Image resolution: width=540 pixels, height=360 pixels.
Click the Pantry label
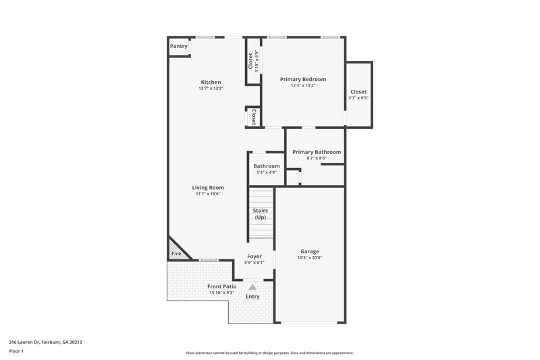click(x=178, y=47)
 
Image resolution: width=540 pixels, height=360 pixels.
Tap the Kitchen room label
click(x=210, y=82)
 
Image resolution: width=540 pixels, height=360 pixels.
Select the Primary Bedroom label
click(x=302, y=79)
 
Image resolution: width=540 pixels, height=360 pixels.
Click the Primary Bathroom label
click(x=317, y=152)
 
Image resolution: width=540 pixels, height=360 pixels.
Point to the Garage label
click(x=310, y=251)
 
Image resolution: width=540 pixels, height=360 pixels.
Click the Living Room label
click(x=208, y=188)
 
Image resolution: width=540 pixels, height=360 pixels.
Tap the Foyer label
click(x=254, y=257)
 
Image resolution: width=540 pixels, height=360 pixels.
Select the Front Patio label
click(x=221, y=286)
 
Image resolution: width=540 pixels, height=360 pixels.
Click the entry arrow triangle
click(x=252, y=287)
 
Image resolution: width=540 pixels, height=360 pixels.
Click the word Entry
click(x=252, y=297)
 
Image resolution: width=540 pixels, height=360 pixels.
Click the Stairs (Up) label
click(x=261, y=214)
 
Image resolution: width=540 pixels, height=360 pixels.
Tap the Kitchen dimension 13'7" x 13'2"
click(x=210, y=88)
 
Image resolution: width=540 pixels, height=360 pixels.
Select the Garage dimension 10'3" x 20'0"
click(x=310, y=257)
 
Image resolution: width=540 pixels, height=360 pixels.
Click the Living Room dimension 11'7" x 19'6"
click(x=208, y=194)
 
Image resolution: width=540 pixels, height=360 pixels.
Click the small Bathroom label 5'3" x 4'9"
click(x=266, y=166)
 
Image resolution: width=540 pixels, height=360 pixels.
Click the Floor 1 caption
click(x=16, y=352)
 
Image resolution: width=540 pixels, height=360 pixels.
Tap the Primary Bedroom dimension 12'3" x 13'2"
click(x=302, y=85)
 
